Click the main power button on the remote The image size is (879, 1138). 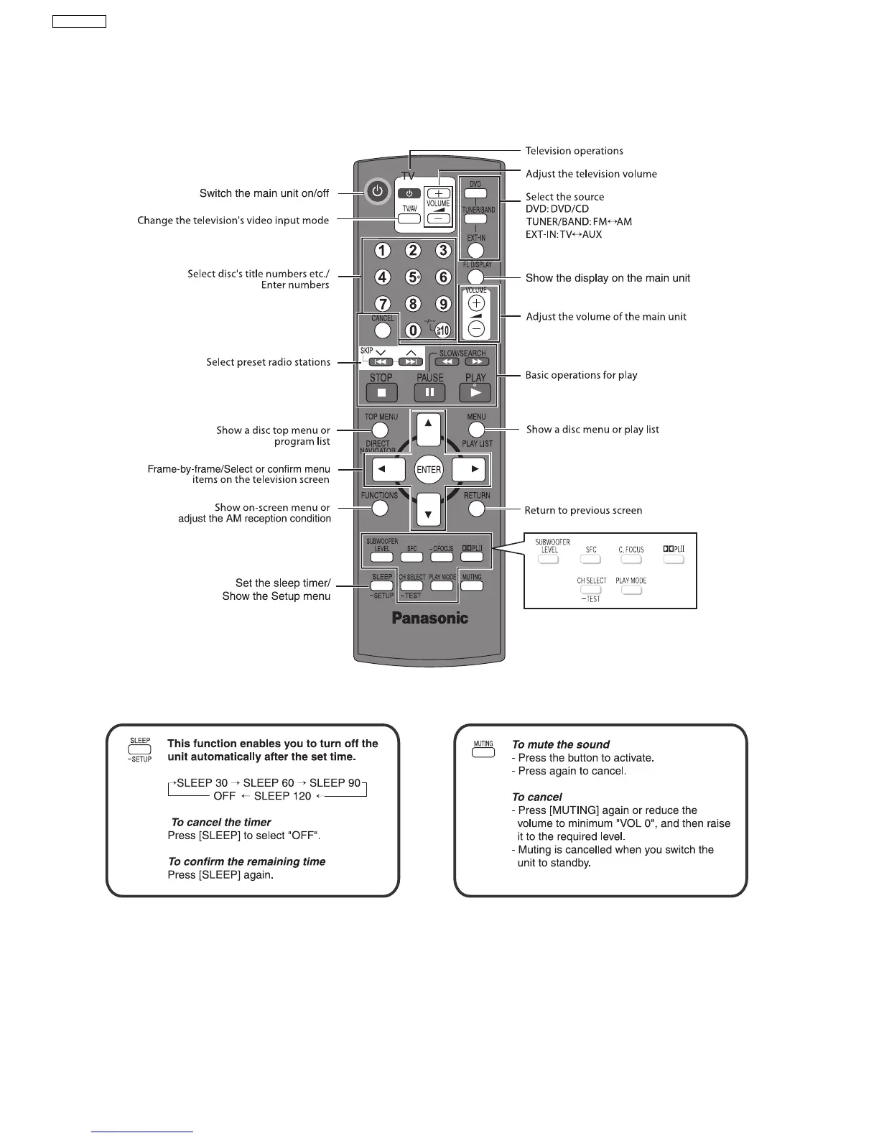[378, 193]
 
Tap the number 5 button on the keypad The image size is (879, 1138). [413, 277]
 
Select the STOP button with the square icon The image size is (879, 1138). [381, 392]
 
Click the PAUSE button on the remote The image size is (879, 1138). [429, 392]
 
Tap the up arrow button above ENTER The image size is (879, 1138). [428, 430]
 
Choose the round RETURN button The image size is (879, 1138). [476, 509]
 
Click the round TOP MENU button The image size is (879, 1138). [381, 430]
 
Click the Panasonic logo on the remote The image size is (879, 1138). [429, 618]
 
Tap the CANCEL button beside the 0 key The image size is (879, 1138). [383, 330]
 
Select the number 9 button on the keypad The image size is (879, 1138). [443, 304]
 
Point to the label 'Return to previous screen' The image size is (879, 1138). [583, 511]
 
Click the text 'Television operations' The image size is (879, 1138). [574, 151]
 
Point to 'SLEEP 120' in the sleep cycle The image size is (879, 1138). [282, 796]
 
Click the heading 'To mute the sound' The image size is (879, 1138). [560, 745]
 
